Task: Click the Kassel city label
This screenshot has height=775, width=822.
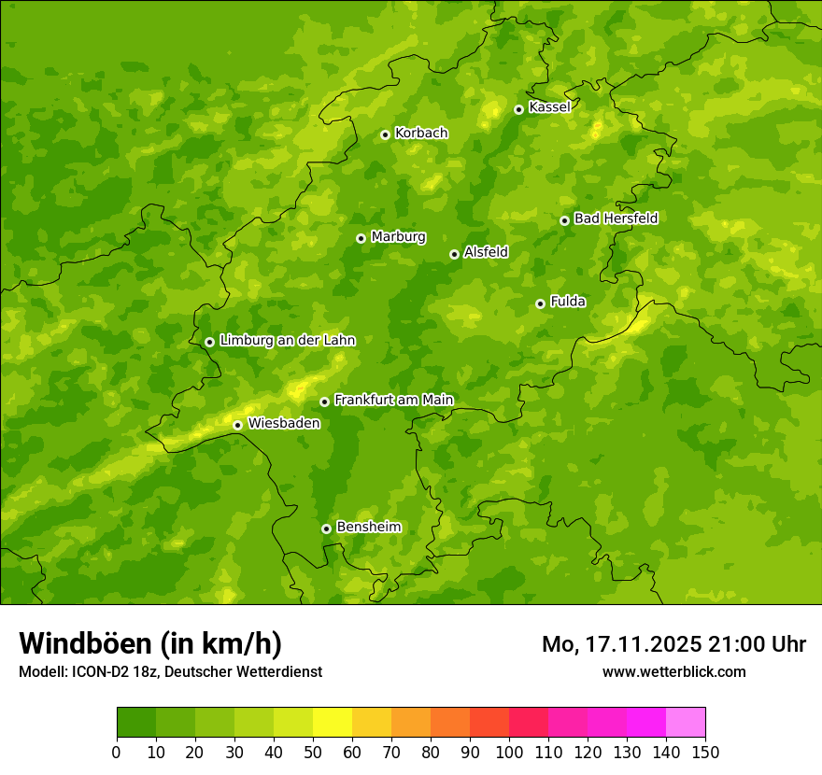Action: click(549, 107)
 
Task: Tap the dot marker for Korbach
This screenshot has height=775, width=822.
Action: click(385, 134)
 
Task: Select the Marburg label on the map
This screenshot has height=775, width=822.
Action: click(398, 237)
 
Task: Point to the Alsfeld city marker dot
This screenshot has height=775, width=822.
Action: click(454, 254)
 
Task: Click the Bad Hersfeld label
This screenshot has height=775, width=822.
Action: click(616, 218)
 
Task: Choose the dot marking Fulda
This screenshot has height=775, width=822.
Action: click(540, 303)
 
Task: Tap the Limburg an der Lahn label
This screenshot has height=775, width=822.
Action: click(287, 341)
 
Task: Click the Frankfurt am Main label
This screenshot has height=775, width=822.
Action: click(393, 400)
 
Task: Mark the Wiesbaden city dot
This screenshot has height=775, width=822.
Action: click(237, 425)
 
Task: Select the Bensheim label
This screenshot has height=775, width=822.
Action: click(368, 527)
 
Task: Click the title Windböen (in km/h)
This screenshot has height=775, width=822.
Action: click(150, 643)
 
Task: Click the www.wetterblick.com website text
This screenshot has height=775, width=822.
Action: click(673, 671)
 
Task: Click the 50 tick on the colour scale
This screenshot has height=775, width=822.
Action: click(313, 752)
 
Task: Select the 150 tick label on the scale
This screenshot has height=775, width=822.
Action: click(705, 752)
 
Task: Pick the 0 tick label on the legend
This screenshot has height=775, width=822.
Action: click(117, 752)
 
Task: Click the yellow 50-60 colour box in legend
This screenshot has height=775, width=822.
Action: click(333, 723)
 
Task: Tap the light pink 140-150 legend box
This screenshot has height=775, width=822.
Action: click(686, 723)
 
